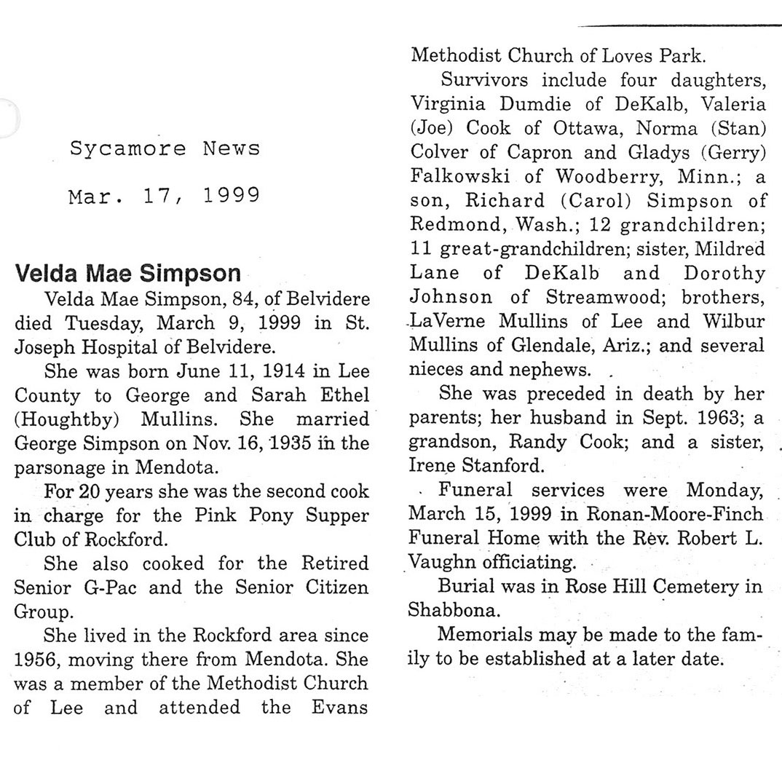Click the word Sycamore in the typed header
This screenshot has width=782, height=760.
(128, 149)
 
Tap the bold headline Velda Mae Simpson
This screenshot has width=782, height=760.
(127, 274)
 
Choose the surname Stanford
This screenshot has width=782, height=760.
(496, 465)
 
